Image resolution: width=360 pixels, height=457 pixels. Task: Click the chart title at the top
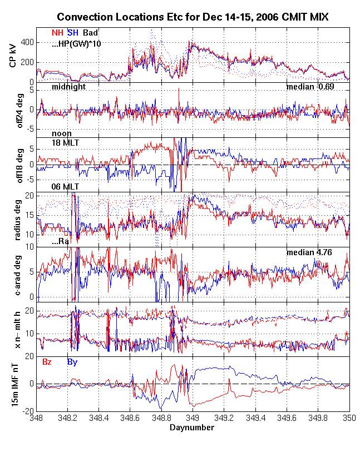point(193,18)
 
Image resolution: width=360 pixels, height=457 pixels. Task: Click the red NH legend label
point(57,33)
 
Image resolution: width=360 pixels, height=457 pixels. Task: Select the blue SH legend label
point(72,33)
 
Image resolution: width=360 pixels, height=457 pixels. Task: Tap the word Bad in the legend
point(90,33)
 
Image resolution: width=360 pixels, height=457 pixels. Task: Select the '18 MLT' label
point(65,143)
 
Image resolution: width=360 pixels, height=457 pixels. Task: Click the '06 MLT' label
point(65,187)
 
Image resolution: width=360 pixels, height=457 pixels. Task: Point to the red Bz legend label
point(47,362)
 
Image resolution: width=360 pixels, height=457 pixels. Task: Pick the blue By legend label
point(72,362)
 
